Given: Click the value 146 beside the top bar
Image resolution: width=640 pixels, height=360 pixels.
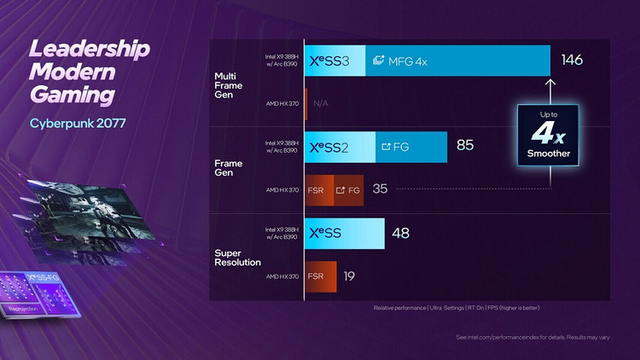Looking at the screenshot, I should point(572,61).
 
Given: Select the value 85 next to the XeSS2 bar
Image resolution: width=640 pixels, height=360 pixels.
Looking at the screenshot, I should point(465,146).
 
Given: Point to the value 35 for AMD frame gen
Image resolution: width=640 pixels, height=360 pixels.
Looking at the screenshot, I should point(381,189).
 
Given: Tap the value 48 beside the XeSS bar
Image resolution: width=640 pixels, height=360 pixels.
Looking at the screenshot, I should point(401,232).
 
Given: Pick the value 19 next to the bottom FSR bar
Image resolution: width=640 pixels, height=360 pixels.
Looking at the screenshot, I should point(350,276).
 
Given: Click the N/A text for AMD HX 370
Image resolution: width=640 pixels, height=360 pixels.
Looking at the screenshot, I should point(321,103).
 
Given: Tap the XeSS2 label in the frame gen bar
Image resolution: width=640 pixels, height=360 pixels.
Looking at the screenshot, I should point(329,147).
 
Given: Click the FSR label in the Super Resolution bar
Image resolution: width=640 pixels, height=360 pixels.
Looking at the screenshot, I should point(316,276).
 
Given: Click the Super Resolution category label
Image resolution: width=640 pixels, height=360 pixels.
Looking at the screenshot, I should point(237,257).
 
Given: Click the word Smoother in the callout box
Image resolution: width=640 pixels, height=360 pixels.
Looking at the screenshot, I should point(549,154).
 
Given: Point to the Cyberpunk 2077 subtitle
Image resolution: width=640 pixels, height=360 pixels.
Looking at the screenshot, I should point(78,123).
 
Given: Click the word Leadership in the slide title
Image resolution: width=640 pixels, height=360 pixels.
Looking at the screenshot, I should point(90,49).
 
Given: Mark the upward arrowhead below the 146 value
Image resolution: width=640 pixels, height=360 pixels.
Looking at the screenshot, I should point(551,83).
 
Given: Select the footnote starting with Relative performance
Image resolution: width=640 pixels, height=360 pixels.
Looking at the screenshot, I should point(457,307).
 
